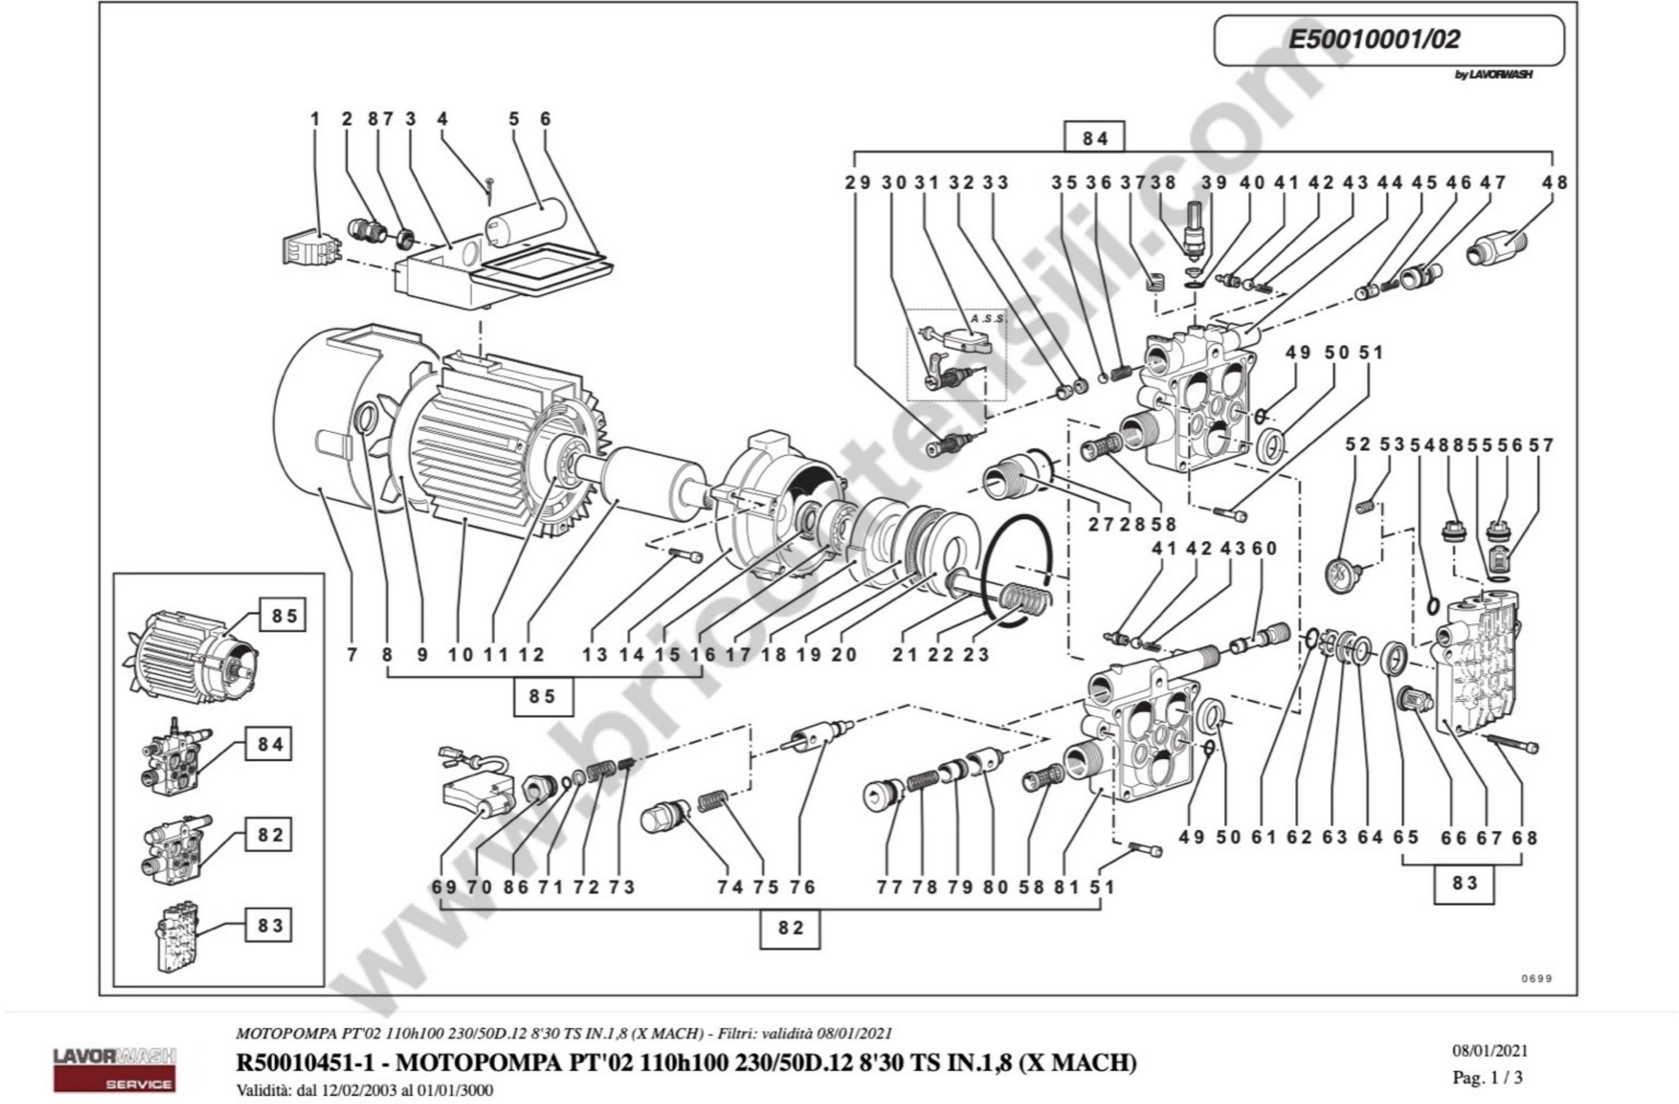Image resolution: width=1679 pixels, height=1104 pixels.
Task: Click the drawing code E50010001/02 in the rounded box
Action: pos(1374,40)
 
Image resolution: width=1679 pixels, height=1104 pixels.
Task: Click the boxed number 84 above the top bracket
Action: pos(1094,138)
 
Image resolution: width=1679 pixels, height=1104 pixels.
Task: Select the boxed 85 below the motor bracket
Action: pos(542,696)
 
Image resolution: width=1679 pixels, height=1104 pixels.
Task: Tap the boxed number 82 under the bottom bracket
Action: pos(790,928)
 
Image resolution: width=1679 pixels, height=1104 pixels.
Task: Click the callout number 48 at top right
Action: pos(1554,182)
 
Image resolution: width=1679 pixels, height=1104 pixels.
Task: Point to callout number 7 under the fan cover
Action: pos(351,654)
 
